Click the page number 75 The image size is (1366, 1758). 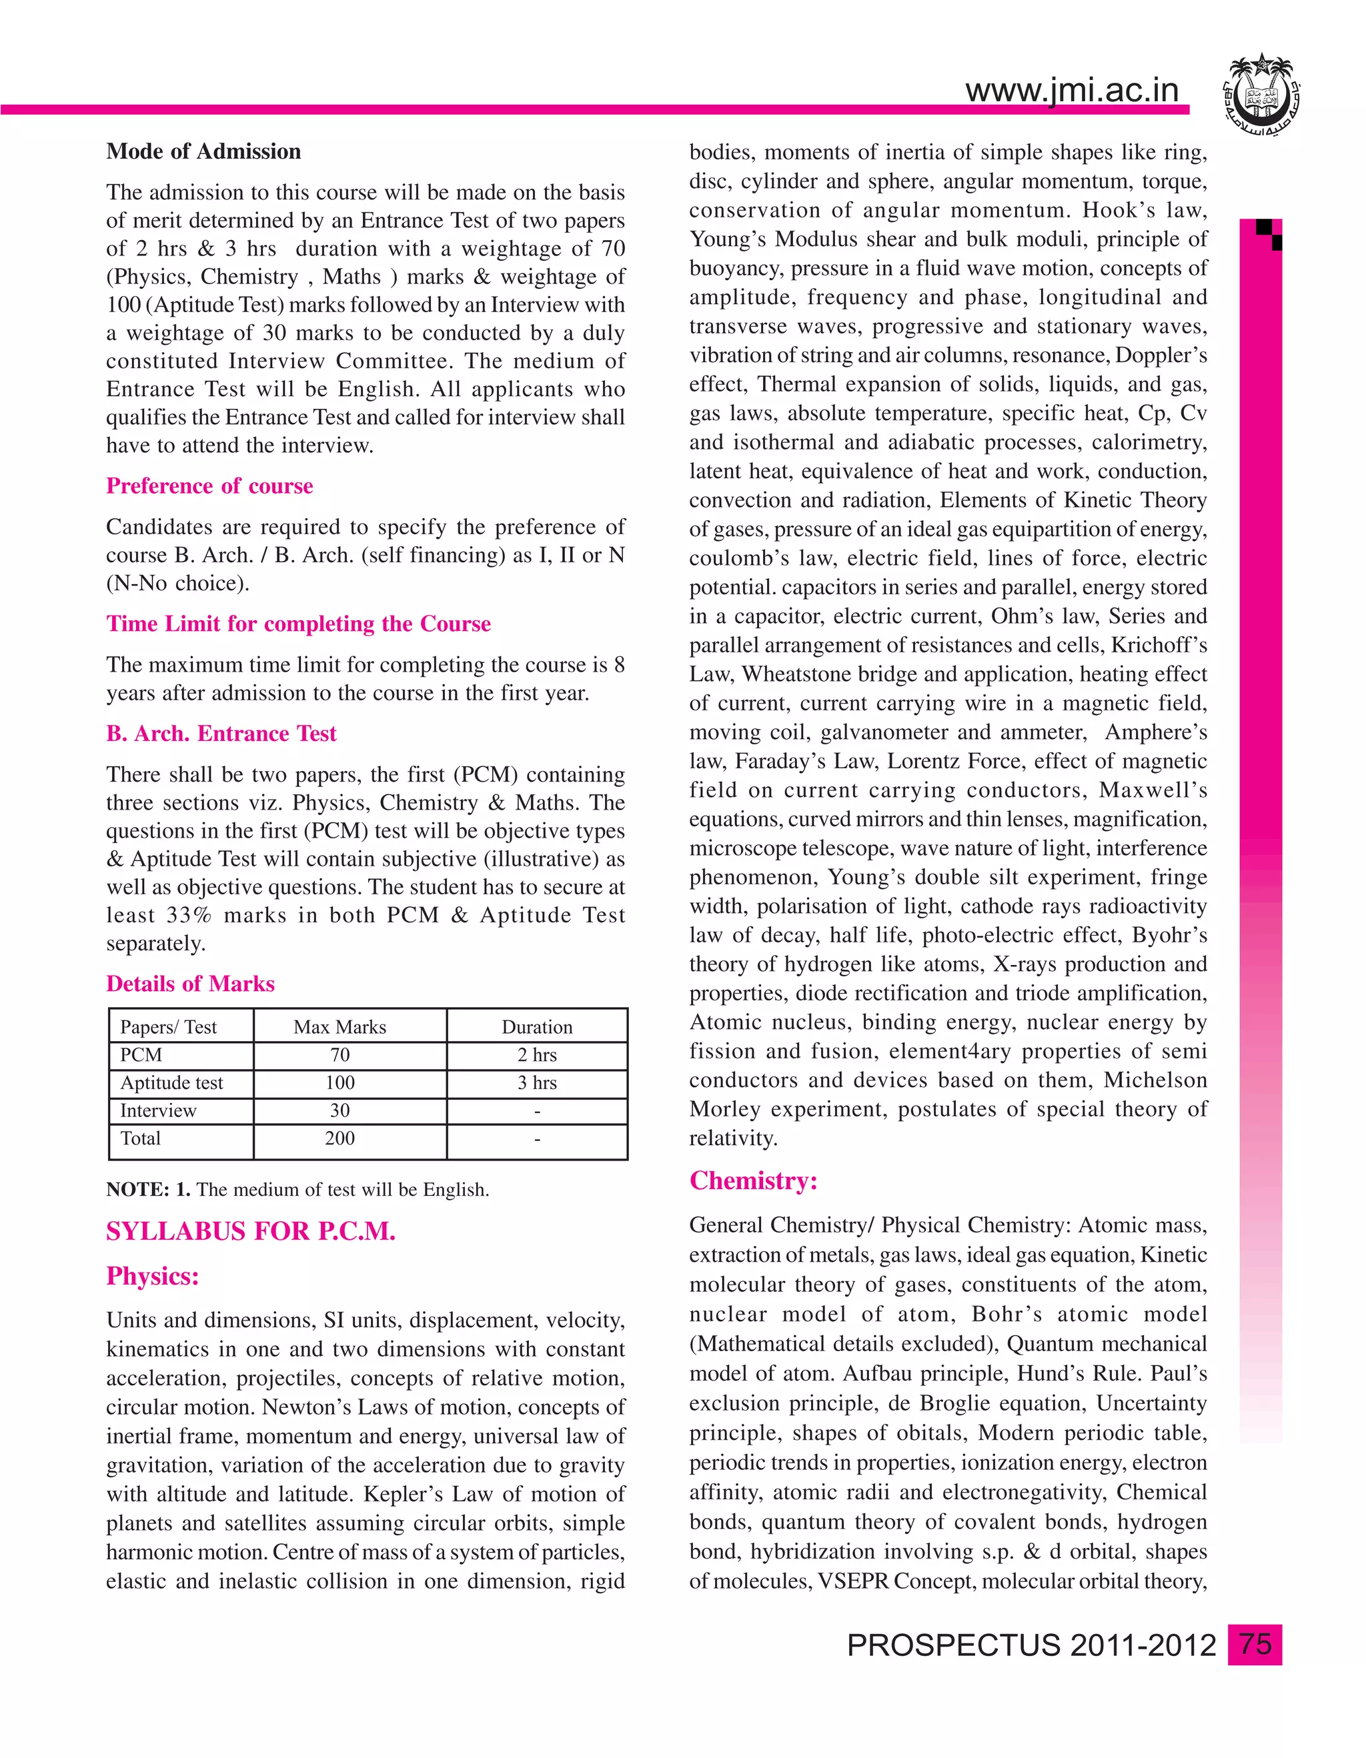[1255, 1644]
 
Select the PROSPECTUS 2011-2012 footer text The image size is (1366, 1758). [1031, 1645]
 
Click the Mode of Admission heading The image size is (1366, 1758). [203, 151]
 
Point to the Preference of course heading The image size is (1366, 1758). [209, 486]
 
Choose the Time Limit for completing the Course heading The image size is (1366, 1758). [298, 624]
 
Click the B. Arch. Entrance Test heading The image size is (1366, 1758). [221, 734]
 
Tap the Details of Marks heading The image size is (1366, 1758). [191, 984]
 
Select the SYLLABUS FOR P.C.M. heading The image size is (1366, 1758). [250, 1232]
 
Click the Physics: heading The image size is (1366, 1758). [152, 1276]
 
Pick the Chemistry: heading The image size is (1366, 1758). [754, 1181]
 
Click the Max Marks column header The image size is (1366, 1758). [339, 1027]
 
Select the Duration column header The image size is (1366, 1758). [537, 1027]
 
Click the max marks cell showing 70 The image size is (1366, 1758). [339, 1055]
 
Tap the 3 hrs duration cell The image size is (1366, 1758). [537, 1082]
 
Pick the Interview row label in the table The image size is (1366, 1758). [158, 1111]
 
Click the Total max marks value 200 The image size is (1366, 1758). [339, 1138]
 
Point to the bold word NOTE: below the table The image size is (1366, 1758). [137, 1190]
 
